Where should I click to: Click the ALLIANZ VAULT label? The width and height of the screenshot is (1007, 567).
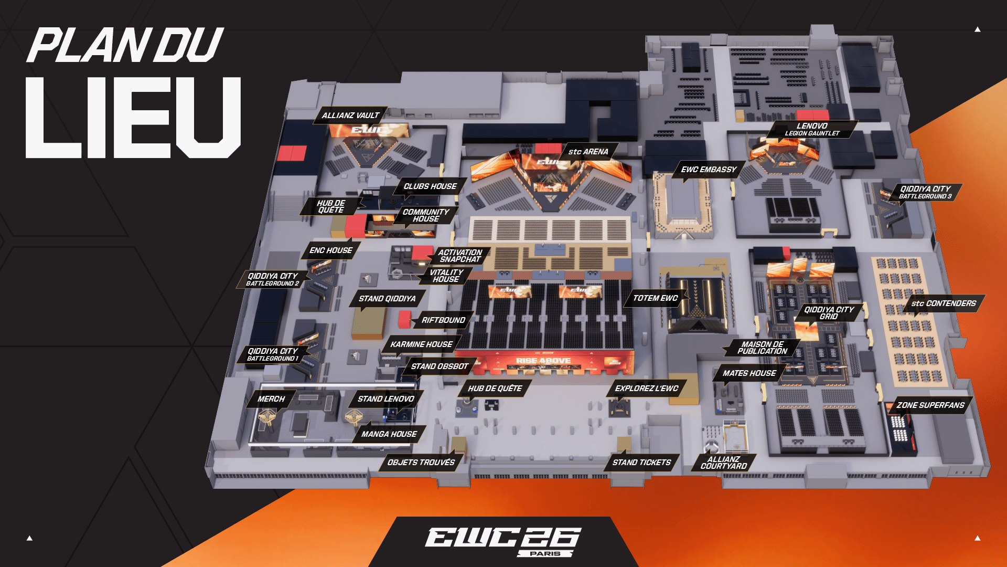350,115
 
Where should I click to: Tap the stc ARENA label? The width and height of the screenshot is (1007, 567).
588,152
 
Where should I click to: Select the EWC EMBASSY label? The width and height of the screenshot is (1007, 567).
709,170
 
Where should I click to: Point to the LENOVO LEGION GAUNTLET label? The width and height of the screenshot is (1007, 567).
812,129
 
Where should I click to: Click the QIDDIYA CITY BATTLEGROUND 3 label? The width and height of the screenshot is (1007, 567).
925,192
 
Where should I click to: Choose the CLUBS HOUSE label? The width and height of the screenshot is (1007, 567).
430,186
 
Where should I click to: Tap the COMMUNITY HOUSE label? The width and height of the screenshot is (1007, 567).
426,215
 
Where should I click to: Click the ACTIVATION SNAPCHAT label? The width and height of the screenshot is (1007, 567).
460,256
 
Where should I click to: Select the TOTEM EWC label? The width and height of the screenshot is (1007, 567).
656,298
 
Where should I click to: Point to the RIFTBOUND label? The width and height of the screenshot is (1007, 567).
443,320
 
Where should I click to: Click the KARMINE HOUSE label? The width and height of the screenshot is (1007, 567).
421,344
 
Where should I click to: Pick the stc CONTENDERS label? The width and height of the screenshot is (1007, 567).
944,303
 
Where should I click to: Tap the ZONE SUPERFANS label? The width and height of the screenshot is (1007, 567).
930,405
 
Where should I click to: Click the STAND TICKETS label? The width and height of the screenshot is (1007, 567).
641,463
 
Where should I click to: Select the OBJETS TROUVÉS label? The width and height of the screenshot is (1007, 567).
421,463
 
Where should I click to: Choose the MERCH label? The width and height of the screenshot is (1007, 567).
271,399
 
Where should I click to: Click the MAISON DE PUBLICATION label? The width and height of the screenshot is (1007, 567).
762,348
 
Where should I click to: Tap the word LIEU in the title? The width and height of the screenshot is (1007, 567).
133,117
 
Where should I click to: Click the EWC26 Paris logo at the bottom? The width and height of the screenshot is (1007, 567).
502,541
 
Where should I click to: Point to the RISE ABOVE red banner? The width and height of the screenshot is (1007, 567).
544,361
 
